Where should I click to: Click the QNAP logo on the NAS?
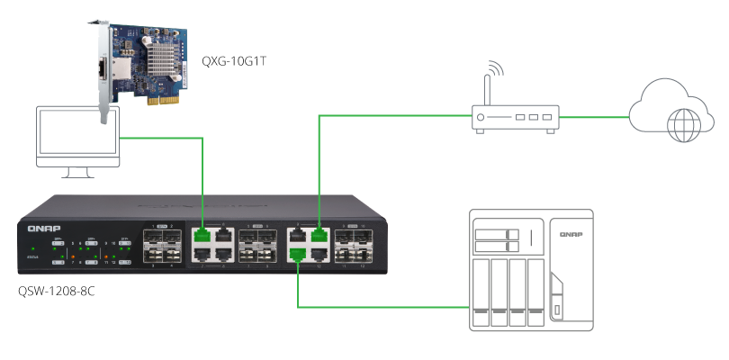point(571,235)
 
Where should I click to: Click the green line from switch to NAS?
point(378,309)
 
